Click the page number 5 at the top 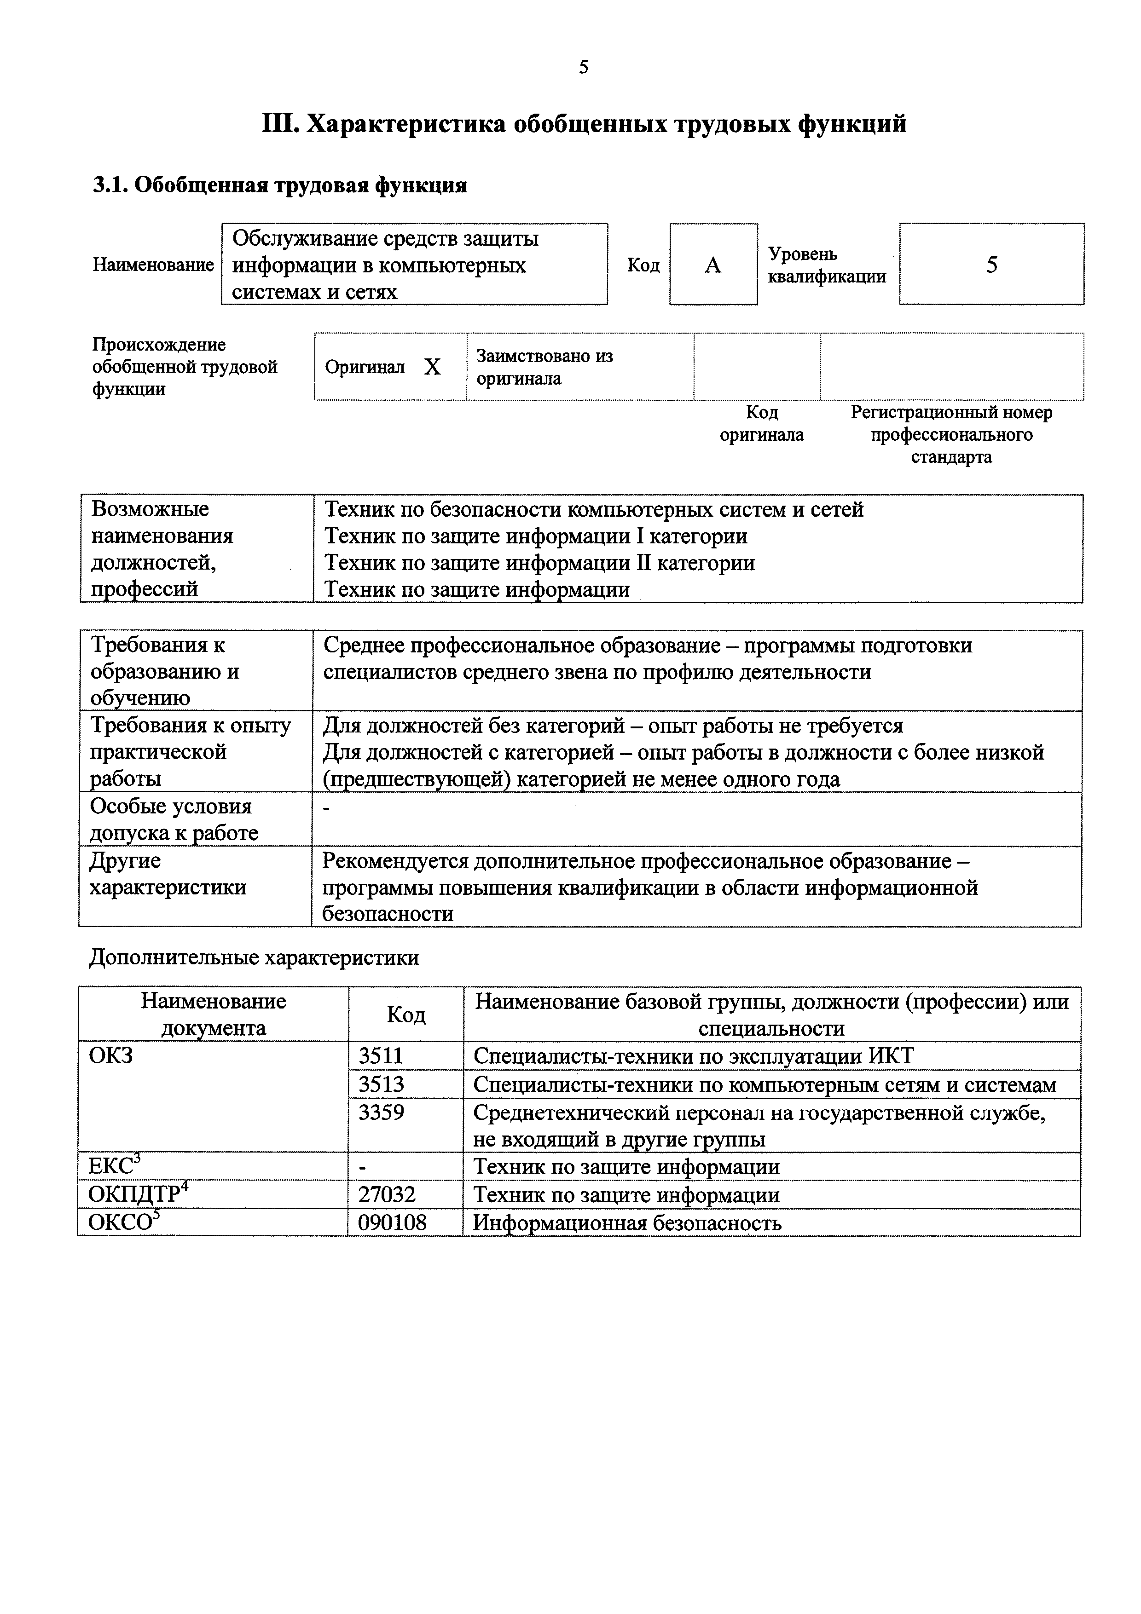tap(584, 68)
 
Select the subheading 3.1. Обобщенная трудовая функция tap(280, 185)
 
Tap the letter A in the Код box tap(713, 265)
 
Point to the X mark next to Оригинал tap(432, 367)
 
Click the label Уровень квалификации tap(827, 265)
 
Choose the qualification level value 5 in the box tap(991, 265)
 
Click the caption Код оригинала tap(761, 423)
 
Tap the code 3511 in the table tap(381, 1056)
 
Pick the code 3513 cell tap(381, 1084)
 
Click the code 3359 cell tap(381, 1112)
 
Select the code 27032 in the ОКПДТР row tap(387, 1194)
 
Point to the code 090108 tap(392, 1222)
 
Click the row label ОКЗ tap(110, 1056)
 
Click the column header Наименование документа tap(213, 1015)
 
